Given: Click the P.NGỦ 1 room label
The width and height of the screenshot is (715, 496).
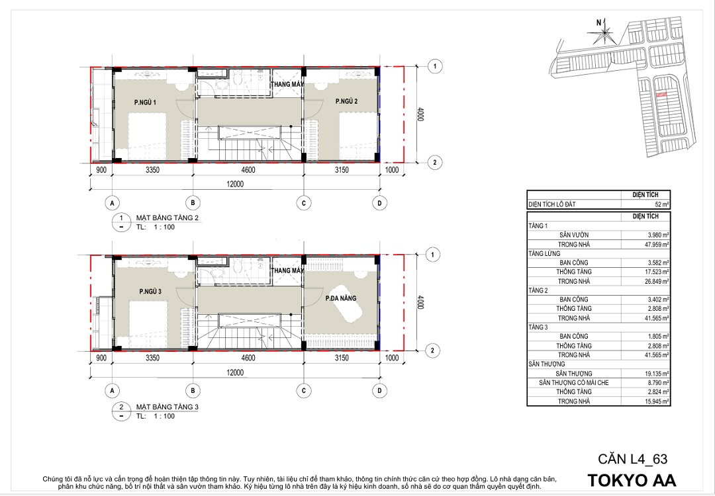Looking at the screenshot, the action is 145,103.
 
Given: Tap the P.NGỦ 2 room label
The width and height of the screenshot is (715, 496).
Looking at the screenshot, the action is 346,101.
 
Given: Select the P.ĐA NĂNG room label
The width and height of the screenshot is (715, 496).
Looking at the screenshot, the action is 341,298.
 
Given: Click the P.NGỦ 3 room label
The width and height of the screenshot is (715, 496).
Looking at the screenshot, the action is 150,292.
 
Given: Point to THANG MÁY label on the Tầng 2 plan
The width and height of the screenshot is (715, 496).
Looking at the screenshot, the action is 287,84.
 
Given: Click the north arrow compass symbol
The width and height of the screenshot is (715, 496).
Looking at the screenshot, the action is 604,32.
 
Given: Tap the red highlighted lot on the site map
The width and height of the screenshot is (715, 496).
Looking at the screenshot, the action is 661,95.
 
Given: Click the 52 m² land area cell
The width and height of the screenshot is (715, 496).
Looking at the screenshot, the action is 661,204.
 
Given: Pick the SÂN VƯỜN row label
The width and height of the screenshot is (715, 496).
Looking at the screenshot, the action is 573,235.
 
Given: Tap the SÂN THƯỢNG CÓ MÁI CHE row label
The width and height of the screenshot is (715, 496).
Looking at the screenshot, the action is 573,383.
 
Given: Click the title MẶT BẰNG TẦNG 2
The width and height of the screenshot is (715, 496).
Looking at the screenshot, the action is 167,218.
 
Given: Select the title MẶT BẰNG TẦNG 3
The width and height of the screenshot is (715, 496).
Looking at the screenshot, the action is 167,407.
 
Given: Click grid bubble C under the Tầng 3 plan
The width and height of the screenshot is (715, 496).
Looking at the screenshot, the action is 304,391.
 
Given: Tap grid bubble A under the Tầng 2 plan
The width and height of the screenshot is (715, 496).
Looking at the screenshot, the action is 112,203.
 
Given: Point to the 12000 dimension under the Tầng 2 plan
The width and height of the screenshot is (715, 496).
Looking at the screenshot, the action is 235,184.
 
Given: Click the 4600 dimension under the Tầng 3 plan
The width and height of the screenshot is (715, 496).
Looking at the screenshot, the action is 248,358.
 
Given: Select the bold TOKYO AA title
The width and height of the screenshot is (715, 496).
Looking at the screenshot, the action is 632,481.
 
